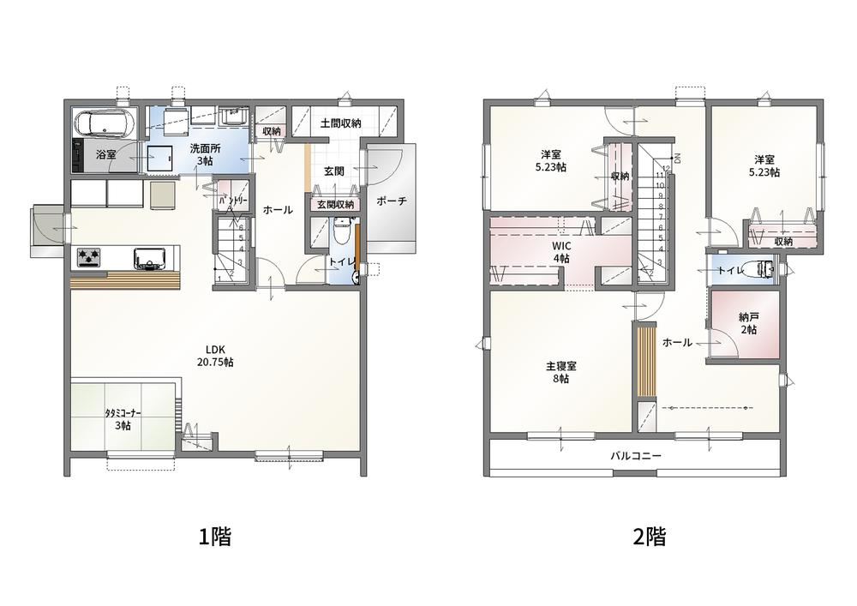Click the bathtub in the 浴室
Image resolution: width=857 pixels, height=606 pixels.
click(x=105, y=123)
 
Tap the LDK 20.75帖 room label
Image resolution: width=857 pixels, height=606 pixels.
click(x=215, y=355)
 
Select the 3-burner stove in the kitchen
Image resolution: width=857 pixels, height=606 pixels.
click(x=88, y=257)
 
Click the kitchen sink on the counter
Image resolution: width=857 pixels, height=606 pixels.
click(x=150, y=258)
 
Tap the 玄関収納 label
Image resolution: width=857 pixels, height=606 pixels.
click(x=336, y=204)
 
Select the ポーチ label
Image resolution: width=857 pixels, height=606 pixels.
click(x=392, y=201)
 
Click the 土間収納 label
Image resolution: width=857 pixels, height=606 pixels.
click(x=340, y=123)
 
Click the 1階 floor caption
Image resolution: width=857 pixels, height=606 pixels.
click(x=215, y=537)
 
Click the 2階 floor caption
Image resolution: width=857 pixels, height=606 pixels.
click(x=650, y=537)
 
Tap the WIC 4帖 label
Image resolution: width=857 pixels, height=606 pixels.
click(x=561, y=252)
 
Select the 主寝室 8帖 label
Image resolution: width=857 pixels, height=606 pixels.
click(x=560, y=372)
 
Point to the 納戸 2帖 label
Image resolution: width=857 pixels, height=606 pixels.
click(x=748, y=323)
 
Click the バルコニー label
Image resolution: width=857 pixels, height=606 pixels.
click(x=636, y=455)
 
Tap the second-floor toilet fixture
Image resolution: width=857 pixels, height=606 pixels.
click(x=764, y=269)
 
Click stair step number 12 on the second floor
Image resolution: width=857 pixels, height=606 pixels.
click(x=666, y=168)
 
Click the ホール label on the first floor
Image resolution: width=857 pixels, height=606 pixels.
click(x=279, y=210)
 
